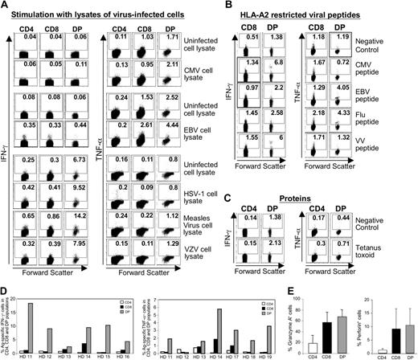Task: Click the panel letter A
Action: tap(6, 6)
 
